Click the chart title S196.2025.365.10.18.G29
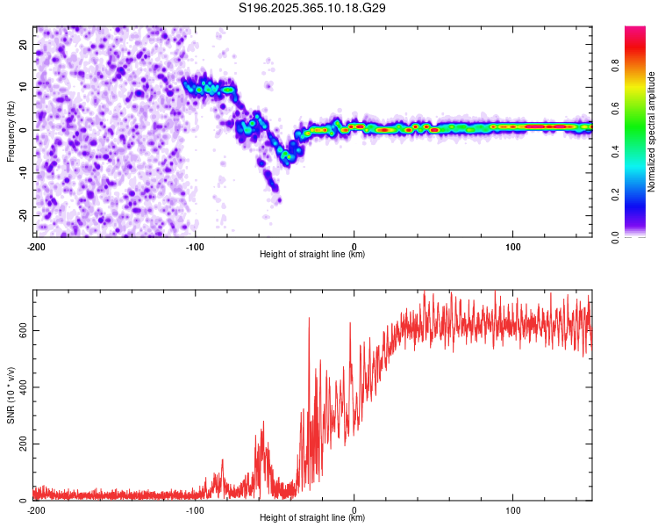point(313,8)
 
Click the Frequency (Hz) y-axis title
point(11,129)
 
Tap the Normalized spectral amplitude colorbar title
point(652,132)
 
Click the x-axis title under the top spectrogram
point(312,255)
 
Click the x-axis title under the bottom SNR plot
point(312,518)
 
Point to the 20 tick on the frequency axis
point(24,44)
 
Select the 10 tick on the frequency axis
point(24,87)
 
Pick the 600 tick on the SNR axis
point(22,330)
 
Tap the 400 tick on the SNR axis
point(22,387)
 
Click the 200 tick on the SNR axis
point(22,444)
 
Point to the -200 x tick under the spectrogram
point(36,245)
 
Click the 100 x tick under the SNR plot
point(514,509)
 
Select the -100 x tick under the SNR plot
point(195,509)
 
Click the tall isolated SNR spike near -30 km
point(309,320)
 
